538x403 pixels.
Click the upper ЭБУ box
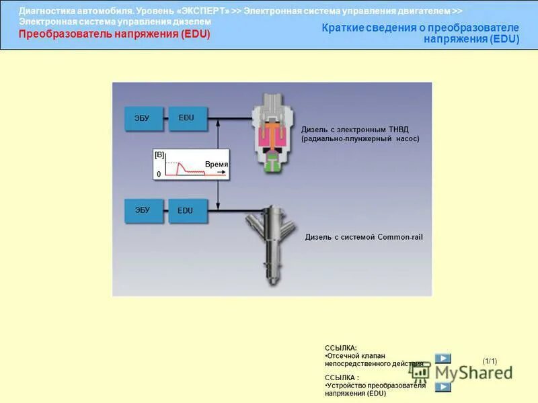142,118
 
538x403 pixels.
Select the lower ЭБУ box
143,210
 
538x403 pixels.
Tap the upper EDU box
187,118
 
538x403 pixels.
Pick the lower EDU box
186,210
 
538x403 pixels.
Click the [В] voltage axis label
159,154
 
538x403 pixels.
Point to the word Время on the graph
217,165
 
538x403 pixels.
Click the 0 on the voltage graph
159,174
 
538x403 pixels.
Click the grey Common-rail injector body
272,242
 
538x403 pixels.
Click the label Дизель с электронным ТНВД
354,130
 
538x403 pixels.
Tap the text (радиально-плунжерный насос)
360,138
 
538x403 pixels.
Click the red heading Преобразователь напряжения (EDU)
114,34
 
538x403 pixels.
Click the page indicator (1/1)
490,361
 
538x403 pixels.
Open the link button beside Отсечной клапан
443,359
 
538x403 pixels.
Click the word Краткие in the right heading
344,28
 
